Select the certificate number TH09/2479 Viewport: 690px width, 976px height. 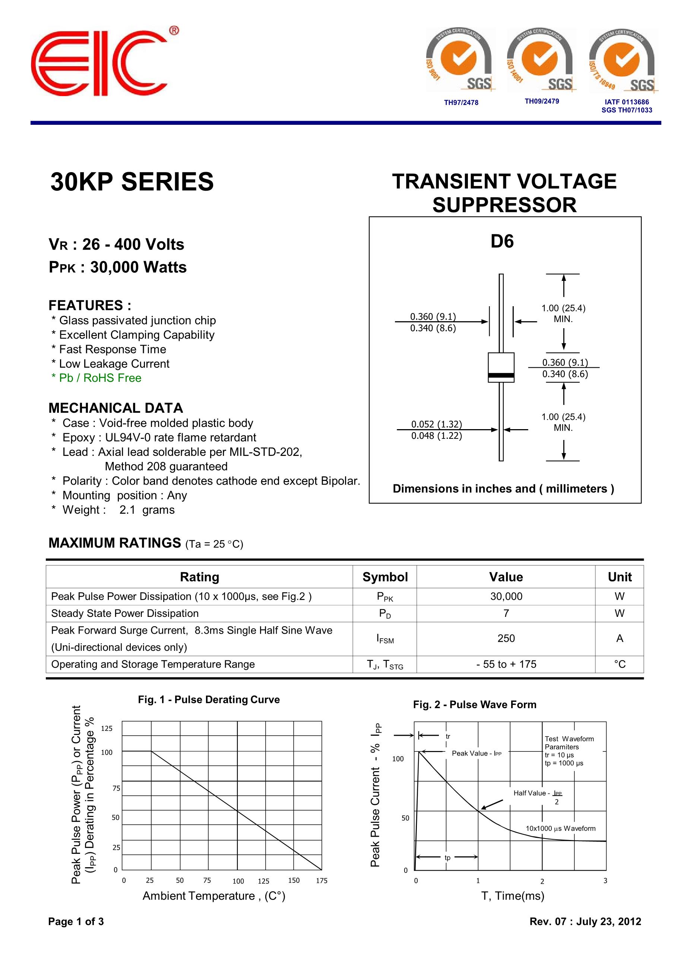pyautogui.click(x=542, y=101)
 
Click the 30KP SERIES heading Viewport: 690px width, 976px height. pyautogui.click(x=132, y=182)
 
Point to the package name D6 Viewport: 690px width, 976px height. pyautogui.click(x=502, y=241)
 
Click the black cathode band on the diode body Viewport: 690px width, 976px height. pyautogui.click(x=501, y=375)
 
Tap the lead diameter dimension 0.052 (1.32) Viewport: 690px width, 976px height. pyautogui.click(x=436, y=424)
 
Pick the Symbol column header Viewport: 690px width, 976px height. pyautogui.click(x=385, y=577)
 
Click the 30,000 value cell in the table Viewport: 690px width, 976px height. pyautogui.click(x=506, y=596)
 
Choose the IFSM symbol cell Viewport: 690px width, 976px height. pyautogui.click(x=385, y=638)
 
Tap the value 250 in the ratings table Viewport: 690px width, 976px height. pyautogui.click(x=506, y=638)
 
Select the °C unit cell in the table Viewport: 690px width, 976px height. pyautogui.click(x=620, y=664)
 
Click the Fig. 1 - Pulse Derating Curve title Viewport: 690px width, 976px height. pyautogui.click(x=209, y=699)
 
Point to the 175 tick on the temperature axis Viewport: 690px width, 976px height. pyautogui.click(x=322, y=880)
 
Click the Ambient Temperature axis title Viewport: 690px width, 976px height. pyautogui.click(x=214, y=896)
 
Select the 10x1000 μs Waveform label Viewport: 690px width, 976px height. pyautogui.click(x=560, y=828)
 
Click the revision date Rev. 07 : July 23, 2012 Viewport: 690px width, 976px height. pyautogui.click(x=585, y=921)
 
